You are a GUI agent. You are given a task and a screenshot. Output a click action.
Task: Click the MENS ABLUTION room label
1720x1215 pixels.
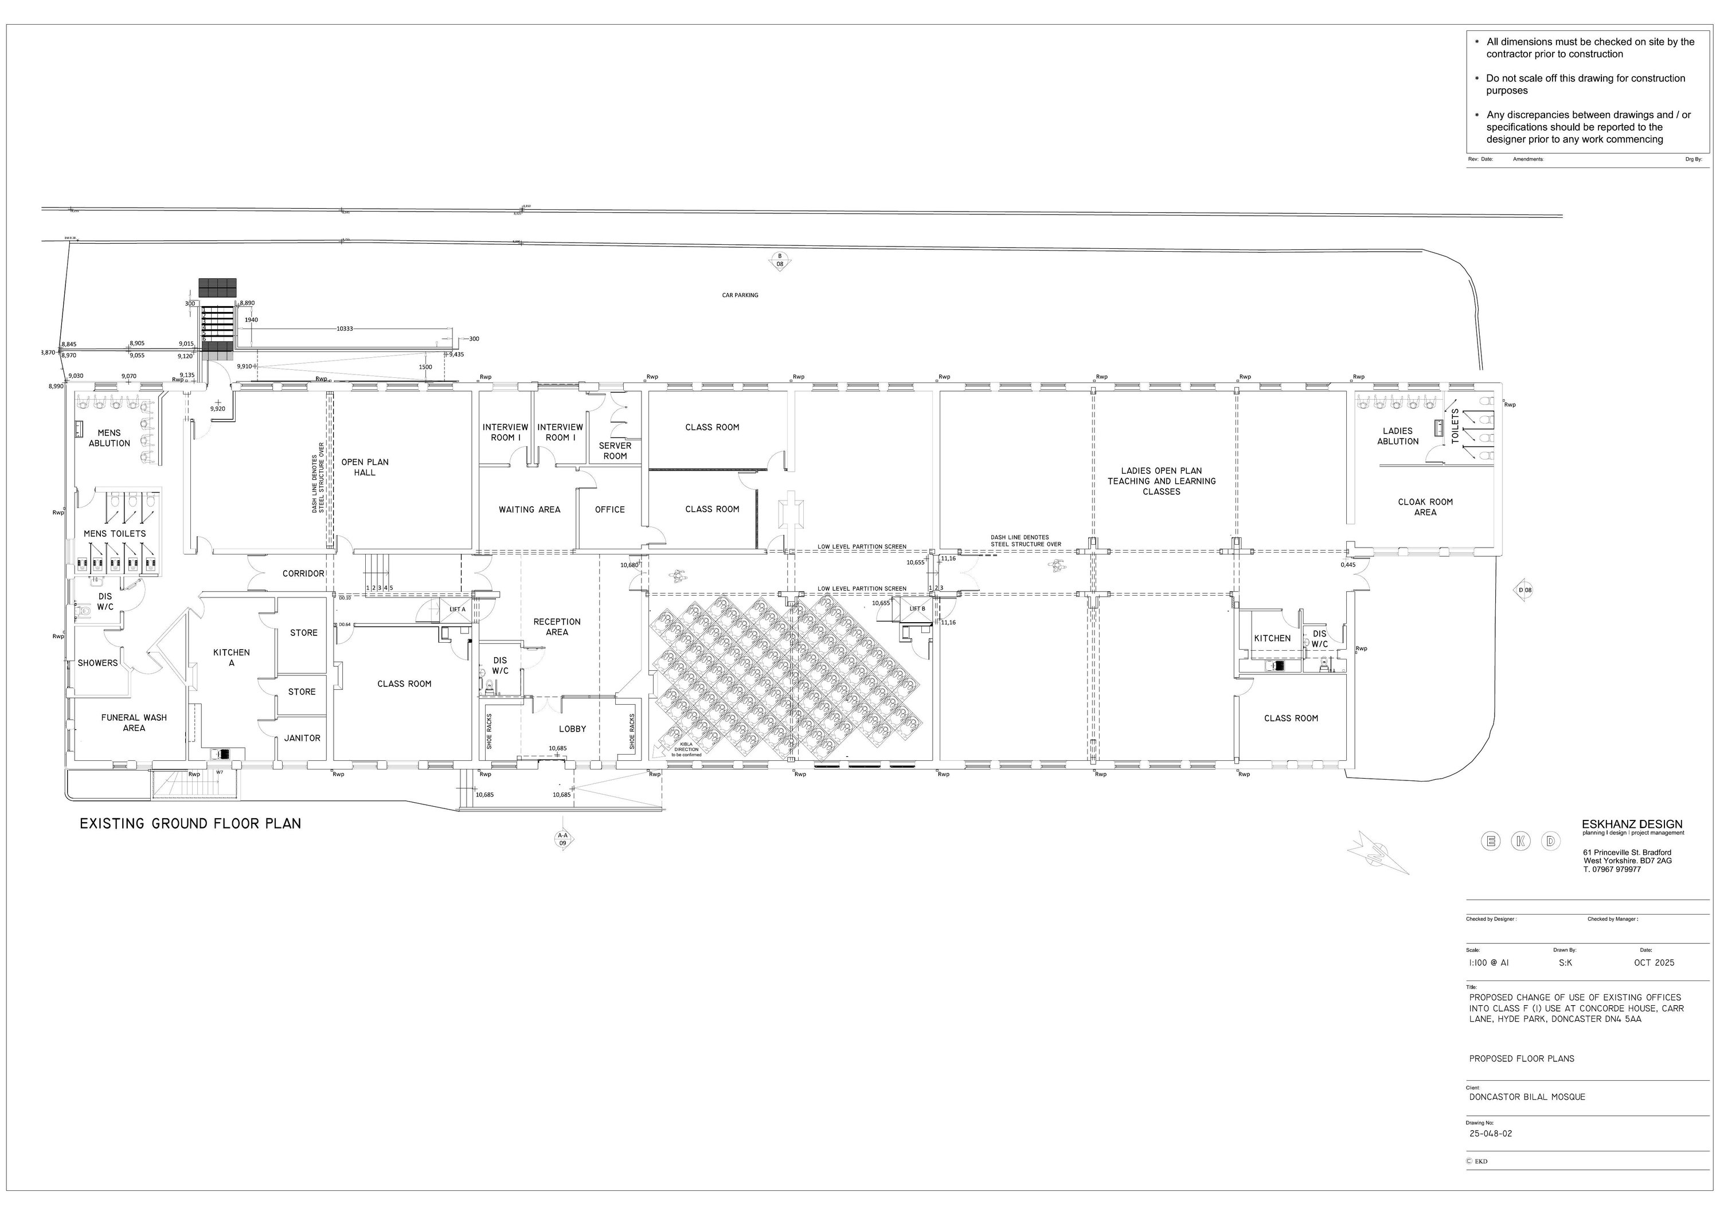110,438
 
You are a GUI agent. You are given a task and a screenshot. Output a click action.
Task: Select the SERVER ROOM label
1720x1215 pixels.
615,451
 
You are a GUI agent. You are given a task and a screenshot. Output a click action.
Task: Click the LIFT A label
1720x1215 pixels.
457,610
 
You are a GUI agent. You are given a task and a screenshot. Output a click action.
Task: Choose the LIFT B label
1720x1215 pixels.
917,609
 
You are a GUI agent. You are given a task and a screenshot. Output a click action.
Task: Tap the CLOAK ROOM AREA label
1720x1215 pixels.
1425,507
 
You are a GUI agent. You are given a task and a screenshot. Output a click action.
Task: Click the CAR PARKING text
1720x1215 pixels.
740,296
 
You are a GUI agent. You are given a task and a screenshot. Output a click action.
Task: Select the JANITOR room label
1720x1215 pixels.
302,739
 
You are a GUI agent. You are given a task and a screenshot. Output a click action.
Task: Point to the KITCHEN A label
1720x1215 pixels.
232,658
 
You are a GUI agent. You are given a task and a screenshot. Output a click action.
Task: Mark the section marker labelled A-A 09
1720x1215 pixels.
562,839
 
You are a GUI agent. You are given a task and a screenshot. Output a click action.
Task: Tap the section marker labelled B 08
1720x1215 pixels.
780,261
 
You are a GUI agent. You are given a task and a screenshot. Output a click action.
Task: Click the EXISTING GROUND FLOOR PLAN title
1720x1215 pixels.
190,824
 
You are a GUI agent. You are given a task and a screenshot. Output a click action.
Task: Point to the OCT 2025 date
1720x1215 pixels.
1654,963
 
